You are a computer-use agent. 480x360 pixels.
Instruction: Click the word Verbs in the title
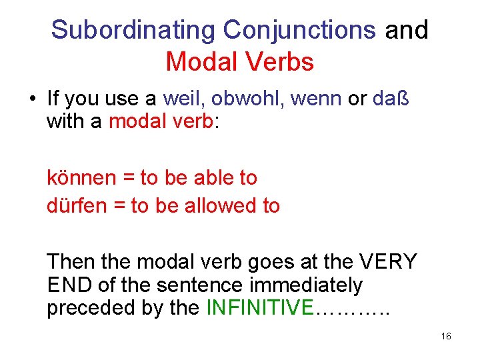coord(280,62)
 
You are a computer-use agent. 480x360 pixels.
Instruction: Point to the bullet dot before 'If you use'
coord(31,100)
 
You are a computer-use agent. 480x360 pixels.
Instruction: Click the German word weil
coord(182,99)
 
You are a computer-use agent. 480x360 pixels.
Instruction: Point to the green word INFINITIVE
coord(259,308)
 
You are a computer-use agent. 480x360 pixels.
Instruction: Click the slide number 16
coord(446,337)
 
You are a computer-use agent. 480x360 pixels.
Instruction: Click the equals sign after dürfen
coord(119,206)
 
